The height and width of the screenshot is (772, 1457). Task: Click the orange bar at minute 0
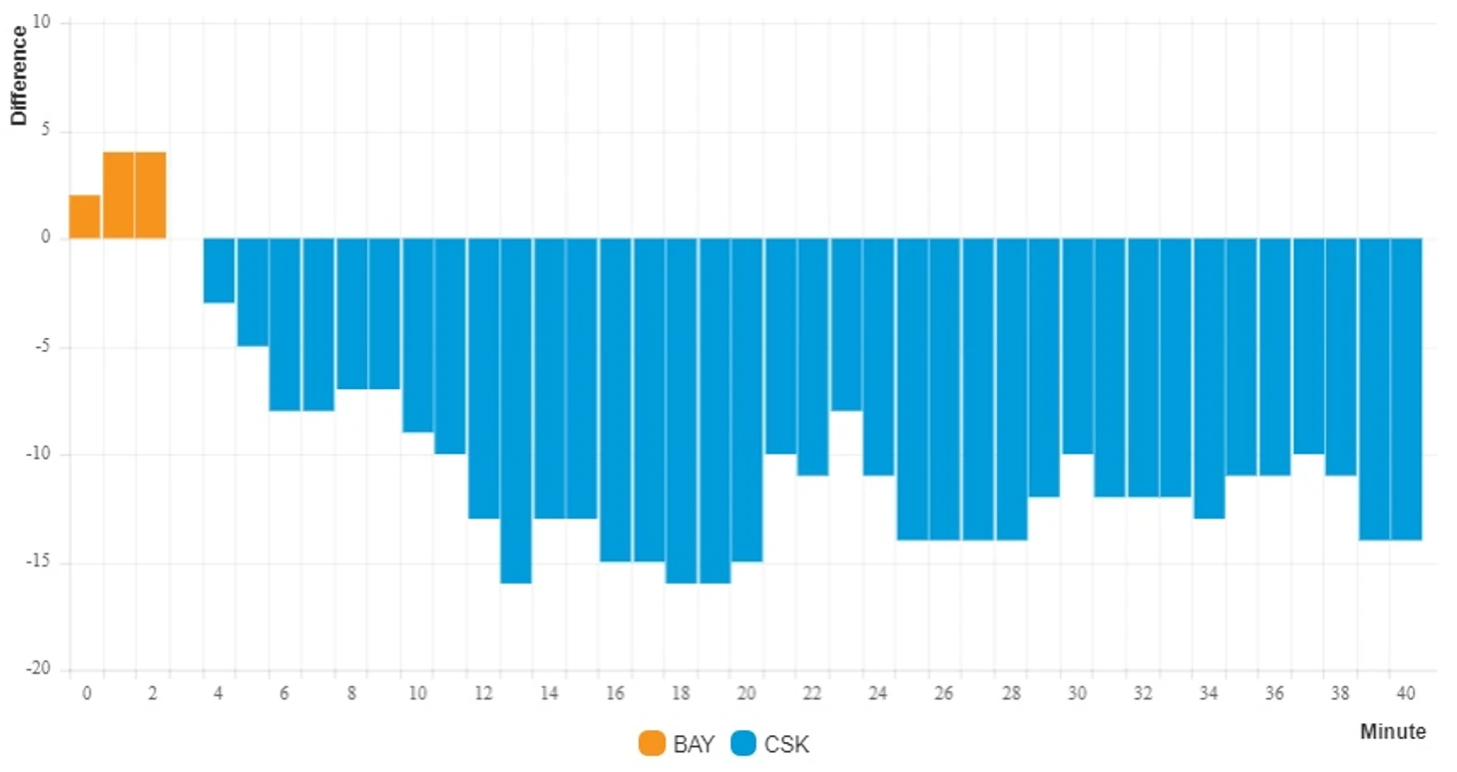pyautogui.click(x=85, y=216)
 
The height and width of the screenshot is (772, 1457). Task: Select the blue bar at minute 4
pyautogui.click(x=219, y=270)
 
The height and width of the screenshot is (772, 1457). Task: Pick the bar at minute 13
pyautogui.click(x=516, y=410)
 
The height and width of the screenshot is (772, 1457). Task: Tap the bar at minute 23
pyautogui.click(x=846, y=324)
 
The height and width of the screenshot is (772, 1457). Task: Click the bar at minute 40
pyautogui.click(x=1406, y=389)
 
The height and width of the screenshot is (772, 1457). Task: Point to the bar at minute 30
pyautogui.click(x=1077, y=346)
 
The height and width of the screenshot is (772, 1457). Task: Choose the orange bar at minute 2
pyautogui.click(x=151, y=194)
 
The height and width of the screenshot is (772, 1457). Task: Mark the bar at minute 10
pyautogui.click(x=417, y=335)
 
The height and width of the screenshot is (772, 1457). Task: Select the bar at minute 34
pyautogui.click(x=1209, y=378)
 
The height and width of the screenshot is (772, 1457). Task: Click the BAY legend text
pyautogui.click(x=694, y=744)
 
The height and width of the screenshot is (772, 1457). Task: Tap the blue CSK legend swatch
pyautogui.click(x=743, y=744)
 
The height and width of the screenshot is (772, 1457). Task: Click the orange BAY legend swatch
pyautogui.click(x=652, y=744)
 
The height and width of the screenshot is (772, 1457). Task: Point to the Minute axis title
pyautogui.click(x=1392, y=731)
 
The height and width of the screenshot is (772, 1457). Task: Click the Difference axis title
pyautogui.click(x=19, y=76)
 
